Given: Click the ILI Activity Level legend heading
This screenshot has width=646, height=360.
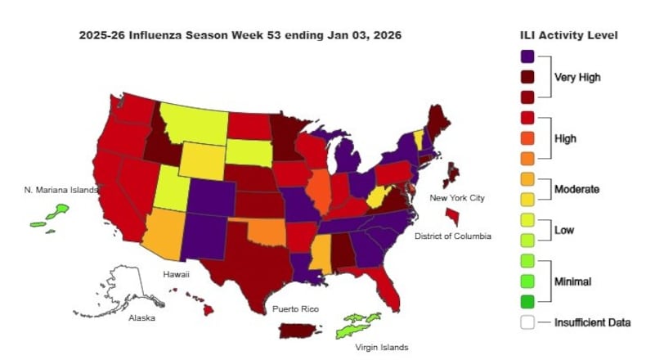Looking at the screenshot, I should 568,36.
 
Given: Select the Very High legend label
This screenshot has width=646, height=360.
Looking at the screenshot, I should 577,78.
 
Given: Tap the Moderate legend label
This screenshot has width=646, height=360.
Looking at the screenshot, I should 577,189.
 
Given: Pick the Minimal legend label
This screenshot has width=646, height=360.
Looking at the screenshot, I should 572,281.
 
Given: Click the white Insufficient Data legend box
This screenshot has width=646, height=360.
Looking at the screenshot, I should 527,322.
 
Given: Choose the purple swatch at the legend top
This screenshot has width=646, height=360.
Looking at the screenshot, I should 527,56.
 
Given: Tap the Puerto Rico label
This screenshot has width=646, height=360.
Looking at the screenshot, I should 295,309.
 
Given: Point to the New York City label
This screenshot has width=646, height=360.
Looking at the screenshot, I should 457,198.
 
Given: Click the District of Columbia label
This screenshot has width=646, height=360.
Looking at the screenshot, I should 452,236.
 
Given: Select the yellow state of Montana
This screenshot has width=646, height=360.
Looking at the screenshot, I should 194,122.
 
